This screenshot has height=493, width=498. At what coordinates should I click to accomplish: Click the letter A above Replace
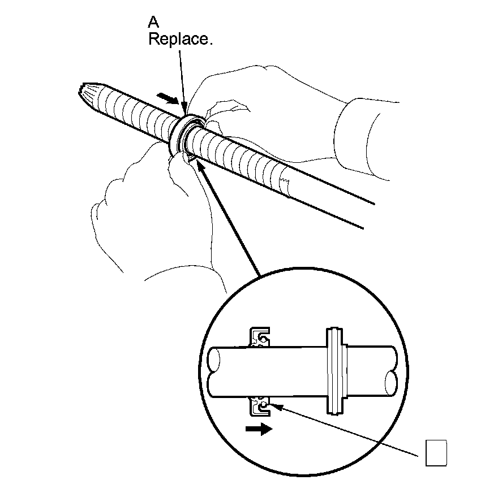153,23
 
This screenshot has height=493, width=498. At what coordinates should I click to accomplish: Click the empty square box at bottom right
436,453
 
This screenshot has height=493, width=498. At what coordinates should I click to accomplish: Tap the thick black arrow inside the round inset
259,429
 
